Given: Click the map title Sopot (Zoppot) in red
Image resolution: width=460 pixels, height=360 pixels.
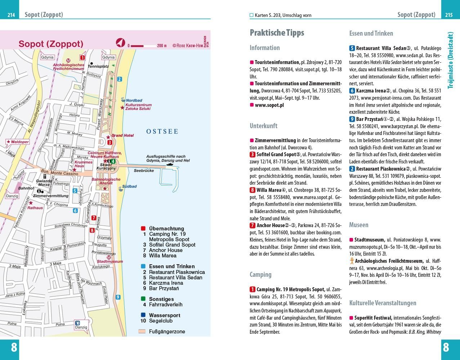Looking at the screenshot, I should pos(51,44).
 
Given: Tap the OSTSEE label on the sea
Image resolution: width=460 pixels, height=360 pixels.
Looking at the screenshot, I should pos(162,131).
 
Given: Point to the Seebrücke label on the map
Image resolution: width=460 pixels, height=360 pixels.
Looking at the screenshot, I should pos(144,170).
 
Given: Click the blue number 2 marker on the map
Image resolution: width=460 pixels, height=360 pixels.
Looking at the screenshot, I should pos(120,79).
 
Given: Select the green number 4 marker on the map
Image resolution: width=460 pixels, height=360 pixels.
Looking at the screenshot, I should pos(113,161).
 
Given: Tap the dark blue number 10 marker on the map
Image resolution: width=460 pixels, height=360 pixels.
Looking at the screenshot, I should pos(77,323).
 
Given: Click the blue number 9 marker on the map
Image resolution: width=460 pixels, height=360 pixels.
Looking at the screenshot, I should pos(118,297).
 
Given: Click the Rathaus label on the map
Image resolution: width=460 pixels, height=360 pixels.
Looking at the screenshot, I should pos(35,208).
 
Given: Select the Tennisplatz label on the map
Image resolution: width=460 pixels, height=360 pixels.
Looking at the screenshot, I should pos(98,67).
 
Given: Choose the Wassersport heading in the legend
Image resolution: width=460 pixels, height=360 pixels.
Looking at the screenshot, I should pos(165,315).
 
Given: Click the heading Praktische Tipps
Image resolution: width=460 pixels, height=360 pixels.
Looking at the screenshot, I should pos(277,33).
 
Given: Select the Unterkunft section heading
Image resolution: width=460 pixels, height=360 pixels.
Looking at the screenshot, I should pos(263,126).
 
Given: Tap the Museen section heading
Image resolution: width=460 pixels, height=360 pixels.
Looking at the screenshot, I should pos(358,225).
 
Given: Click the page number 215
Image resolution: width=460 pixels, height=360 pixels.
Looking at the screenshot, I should pos(449,15).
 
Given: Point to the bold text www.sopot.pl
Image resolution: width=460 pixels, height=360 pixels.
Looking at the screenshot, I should pos(269,105).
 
